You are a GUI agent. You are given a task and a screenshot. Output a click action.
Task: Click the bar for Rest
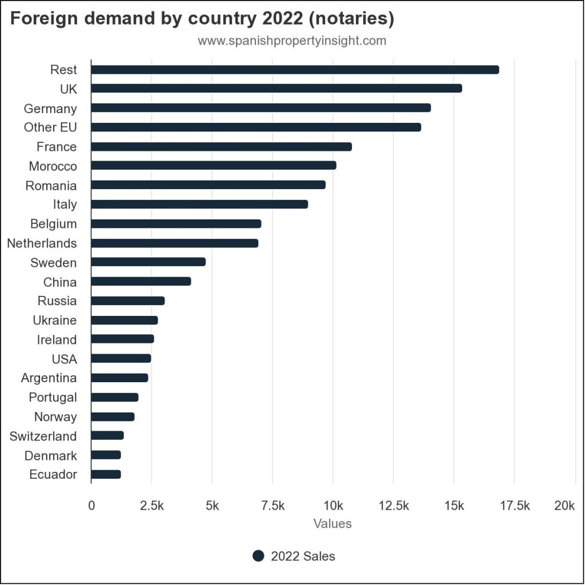point(295,70)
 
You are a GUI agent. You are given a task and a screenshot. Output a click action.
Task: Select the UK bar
point(277,89)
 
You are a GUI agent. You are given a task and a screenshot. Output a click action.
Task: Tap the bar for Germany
point(261,108)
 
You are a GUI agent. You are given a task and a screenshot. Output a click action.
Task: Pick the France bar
point(221,147)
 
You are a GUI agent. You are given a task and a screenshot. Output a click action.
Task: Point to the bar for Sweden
point(148,262)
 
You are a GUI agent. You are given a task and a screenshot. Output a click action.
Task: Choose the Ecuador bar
point(106,474)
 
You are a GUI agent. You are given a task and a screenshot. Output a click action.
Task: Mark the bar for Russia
point(127,301)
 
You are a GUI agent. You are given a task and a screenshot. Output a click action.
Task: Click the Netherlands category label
point(42,243)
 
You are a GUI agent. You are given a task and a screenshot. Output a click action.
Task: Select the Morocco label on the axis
point(53,166)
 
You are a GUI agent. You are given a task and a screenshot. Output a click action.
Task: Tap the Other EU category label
point(50,127)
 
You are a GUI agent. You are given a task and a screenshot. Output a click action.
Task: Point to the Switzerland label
point(43,436)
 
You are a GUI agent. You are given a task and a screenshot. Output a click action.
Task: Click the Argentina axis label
point(49,378)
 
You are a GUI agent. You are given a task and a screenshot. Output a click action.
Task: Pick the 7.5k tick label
point(273,506)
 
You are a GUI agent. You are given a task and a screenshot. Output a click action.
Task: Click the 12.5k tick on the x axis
point(394,506)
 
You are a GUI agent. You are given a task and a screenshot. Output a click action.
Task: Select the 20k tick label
point(564,506)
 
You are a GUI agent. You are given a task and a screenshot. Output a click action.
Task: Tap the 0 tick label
point(91,506)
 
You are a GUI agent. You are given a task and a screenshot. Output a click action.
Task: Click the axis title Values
point(332,523)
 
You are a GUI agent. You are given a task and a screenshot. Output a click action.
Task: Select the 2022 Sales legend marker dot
point(258,556)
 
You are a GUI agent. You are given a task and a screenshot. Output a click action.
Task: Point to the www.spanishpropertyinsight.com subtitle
point(292,41)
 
